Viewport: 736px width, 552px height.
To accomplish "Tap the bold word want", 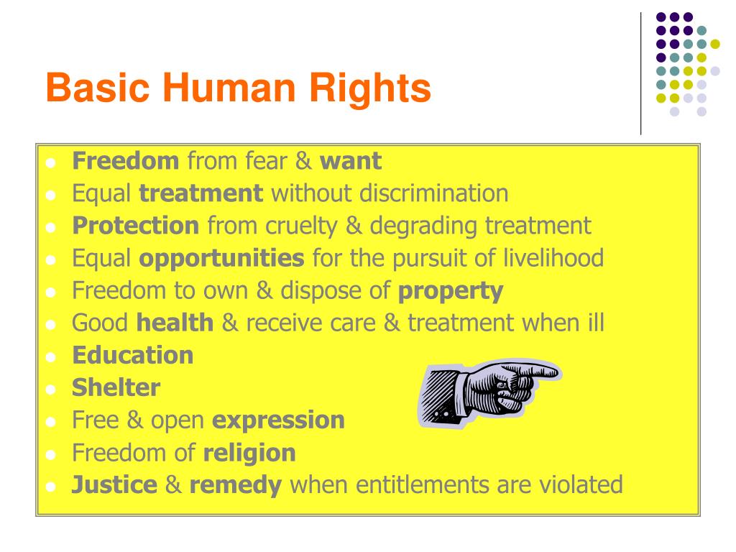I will pyautogui.click(x=351, y=160).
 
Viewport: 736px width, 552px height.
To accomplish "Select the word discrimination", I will pyautogui.click(x=435, y=193).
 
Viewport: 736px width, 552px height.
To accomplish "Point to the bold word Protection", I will pyautogui.click(x=135, y=226).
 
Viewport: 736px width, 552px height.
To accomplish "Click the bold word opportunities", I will pyautogui.click(x=221, y=258).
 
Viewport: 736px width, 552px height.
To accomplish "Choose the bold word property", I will pyautogui.click(x=451, y=290).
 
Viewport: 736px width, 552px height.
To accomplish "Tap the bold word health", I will pyautogui.click(x=175, y=323).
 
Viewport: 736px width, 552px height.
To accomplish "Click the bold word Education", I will pyautogui.click(x=132, y=355).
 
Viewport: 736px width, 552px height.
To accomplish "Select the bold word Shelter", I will pyautogui.click(x=116, y=387).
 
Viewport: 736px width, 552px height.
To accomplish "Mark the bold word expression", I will pyautogui.click(x=278, y=420).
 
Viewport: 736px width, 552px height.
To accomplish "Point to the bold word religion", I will pyautogui.click(x=249, y=452).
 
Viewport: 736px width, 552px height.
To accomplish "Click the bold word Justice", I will pyautogui.click(x=114, y=484).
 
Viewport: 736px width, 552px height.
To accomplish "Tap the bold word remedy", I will pyautogui.click(x=235, y=484).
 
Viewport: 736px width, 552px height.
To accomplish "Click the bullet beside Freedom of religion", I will pyautogui.click(x=50, y=454).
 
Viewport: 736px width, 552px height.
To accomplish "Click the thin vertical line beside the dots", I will pyautogui.click(x=640, y=72).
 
